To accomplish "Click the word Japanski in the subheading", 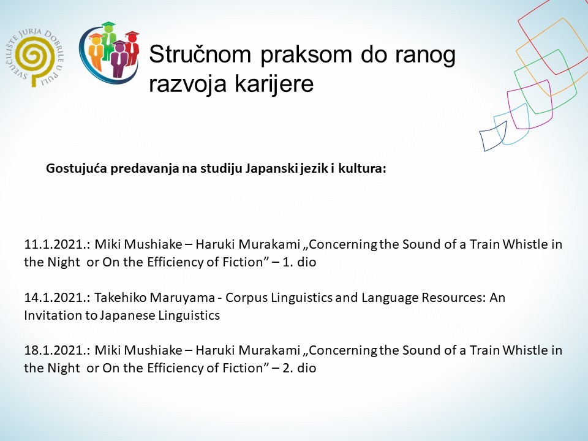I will coord(269,169).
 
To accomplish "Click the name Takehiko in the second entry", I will coord(120,298).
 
